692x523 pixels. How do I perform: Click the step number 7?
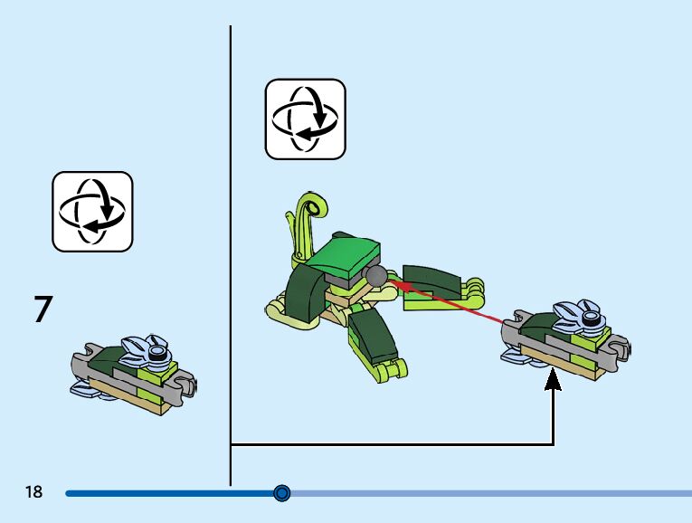point(43,309)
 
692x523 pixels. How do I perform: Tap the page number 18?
point(34,492)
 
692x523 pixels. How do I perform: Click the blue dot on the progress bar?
point(281,493)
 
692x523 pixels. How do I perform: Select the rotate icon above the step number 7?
point(92,211)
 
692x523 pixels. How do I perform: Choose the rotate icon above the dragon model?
point(305,119)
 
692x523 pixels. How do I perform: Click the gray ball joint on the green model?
point(374,276)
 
